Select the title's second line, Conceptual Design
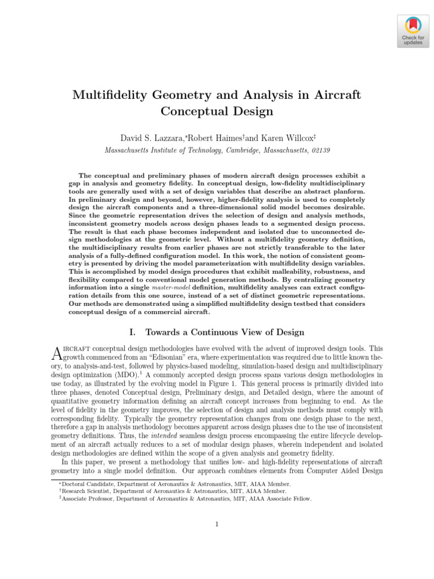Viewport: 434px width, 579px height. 216,111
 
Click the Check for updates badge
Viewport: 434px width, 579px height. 413,31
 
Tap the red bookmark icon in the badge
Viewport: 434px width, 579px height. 413,24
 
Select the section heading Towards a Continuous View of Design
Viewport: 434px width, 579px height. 225,332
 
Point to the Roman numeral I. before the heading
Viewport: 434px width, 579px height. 134,332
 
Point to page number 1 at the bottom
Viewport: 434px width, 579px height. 216,524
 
